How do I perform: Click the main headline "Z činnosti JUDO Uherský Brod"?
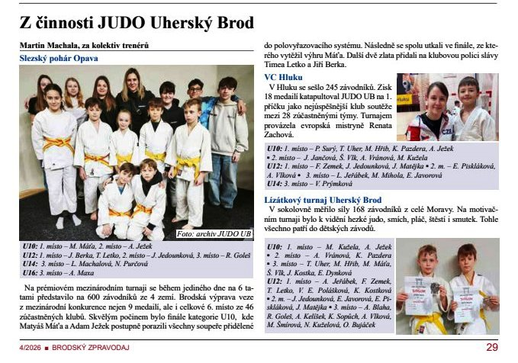137,23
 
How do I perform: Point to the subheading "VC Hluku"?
283,77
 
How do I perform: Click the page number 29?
491,347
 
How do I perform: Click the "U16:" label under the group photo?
30,271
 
